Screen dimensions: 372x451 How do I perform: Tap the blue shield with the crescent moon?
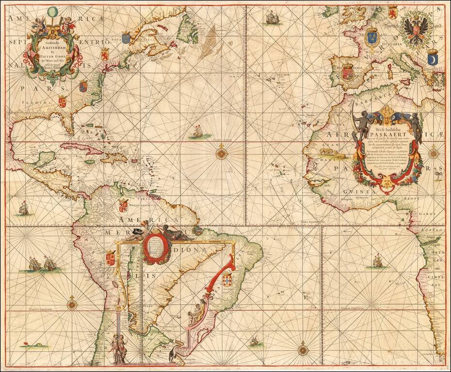click(433, 59)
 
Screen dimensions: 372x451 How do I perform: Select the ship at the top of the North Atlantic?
click(272, 18)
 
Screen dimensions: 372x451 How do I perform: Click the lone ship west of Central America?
click(23, 209)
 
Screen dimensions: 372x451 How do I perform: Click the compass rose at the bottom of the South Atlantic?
click(304, 348)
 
